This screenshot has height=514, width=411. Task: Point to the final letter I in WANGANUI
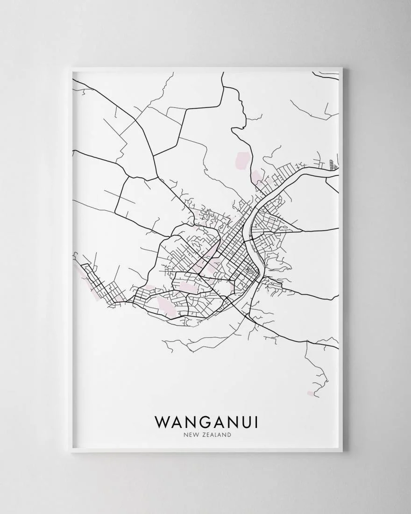coord(255,422)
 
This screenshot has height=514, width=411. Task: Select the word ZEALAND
coord(216,435)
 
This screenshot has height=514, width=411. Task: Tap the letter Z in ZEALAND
coord(202,435)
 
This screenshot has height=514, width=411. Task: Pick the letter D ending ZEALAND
coord(229,435)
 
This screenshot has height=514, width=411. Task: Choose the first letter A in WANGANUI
coord(176,422)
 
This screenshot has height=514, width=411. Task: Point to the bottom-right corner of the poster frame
coord(342,452)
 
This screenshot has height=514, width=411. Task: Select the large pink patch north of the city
coord(243,159)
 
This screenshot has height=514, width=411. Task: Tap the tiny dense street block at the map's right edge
coord(333,165)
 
